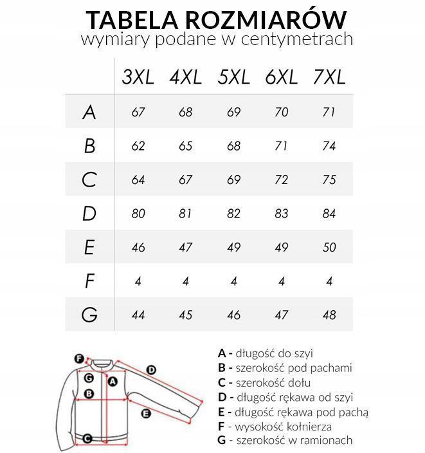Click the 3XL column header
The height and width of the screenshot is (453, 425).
coord(138,78)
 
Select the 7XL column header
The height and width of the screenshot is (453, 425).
coord(329,78)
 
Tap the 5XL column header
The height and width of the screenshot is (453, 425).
coord(234,78)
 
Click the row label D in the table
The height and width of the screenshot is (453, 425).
coord(89,214)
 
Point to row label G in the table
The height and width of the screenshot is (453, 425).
coord(89,315)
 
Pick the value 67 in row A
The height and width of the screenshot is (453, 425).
coord(138,112)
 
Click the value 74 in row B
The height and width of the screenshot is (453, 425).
coord(329,146)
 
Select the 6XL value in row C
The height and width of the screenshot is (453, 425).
coord(281,180)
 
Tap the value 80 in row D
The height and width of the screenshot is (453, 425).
coord(138,214)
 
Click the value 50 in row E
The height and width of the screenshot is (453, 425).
coord(329,247)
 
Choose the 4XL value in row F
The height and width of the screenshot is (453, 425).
coord(185,281)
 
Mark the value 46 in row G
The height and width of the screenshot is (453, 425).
coord(234,315)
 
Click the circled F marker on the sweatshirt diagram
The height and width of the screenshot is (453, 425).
coord(79,359)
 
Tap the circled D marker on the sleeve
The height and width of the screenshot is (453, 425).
coord(151,369)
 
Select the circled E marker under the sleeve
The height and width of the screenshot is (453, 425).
coord(146,413)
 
